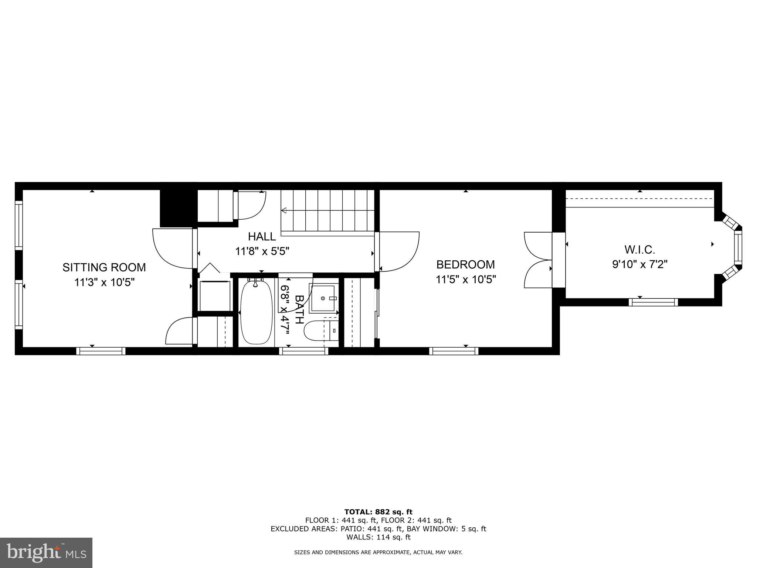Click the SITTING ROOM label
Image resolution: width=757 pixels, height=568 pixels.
(x=104, y=267)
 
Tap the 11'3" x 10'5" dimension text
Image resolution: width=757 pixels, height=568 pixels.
(x=104, y=283)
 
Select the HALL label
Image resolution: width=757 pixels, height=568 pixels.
(x=262, y=237)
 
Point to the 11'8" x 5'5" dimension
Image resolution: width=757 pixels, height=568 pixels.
(x=262, y=251)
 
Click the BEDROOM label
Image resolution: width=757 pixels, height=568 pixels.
(x=465, y=264)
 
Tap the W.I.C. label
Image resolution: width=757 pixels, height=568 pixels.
(x=640, y=250)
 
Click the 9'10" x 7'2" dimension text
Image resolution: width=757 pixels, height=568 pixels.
(x=640, y=264)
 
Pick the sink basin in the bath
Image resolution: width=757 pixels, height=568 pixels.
(x=324, y=298)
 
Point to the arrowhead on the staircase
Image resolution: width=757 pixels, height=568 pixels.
(x=284, y=211)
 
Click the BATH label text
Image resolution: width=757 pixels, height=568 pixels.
(x=299, y=310)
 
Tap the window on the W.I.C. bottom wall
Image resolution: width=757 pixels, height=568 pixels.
(x=653, y=302)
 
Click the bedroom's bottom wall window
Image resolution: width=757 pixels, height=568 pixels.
(x=454, y=351)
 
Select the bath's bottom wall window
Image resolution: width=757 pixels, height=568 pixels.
(x=303, y=351)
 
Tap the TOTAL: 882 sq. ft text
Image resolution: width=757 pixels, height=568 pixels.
(x=378, y=512)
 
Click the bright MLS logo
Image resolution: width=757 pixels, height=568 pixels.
(x=46, y=552)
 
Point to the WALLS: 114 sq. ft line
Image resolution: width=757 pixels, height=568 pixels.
(x=378, y=537)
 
